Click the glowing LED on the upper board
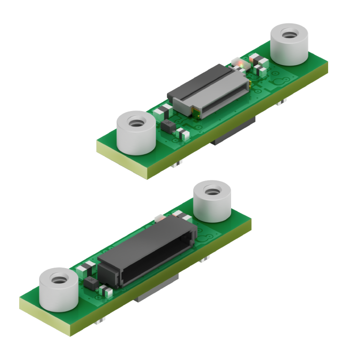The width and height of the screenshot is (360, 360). (x=240, y=62)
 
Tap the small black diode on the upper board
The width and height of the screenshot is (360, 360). (x=167, y=126)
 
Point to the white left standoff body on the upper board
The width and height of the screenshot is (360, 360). (x=135, y=139)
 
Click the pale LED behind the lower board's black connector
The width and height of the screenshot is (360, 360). (x=159, y=217)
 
